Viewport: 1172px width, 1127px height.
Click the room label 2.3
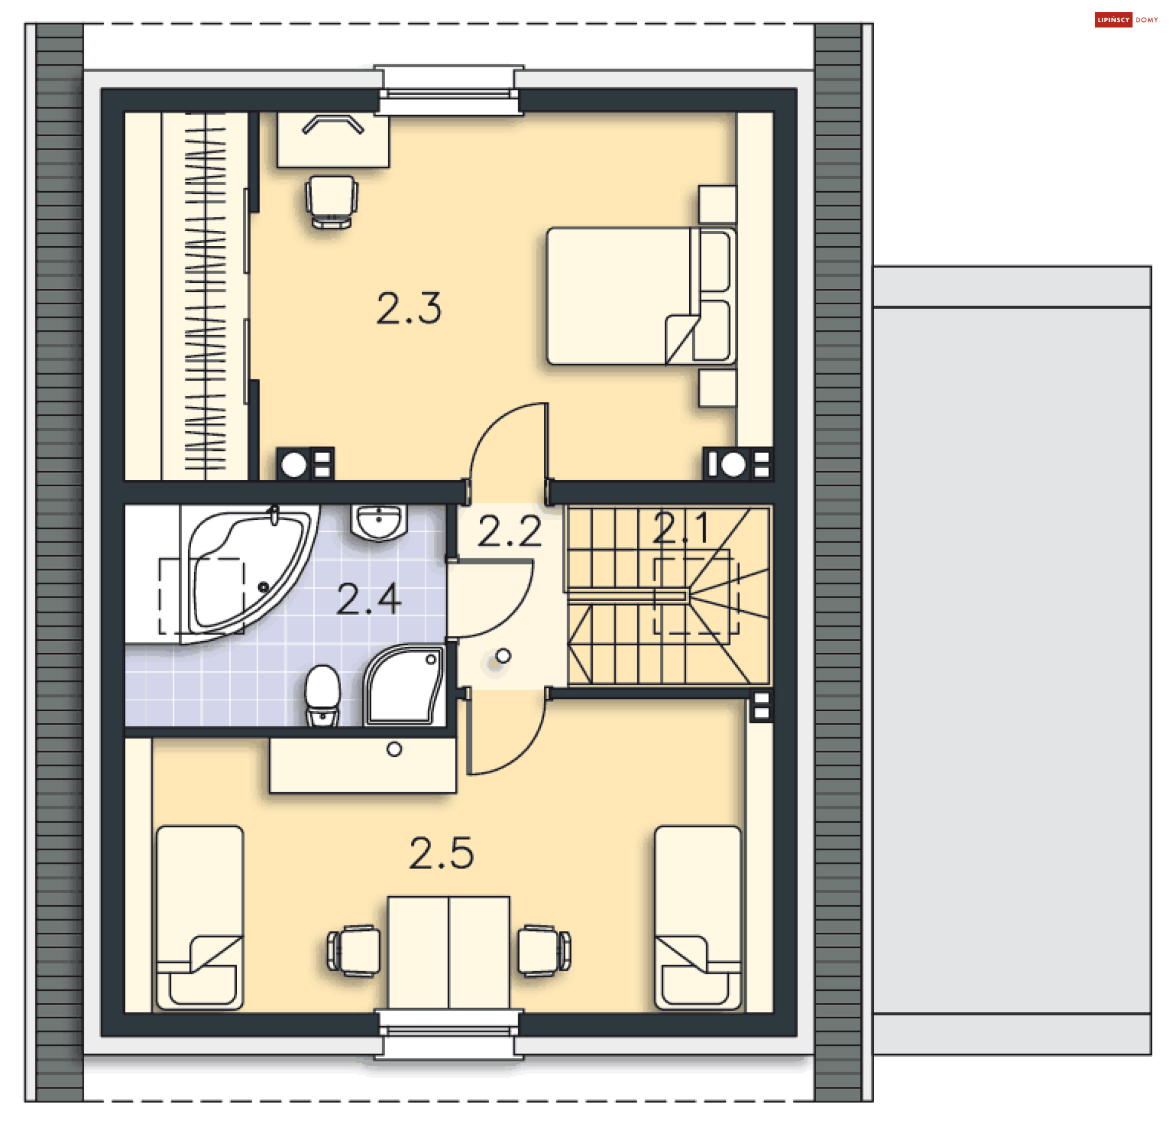[x=408, y=308]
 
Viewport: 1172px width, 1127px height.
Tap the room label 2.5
[x=441, y=853]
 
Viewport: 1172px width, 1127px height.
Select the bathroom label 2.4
[x=369, y=599]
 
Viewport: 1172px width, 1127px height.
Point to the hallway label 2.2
[x=509, y=531]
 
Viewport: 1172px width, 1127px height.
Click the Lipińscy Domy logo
[x=1126, y=20]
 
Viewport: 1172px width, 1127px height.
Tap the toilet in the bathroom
[x=322, y=696]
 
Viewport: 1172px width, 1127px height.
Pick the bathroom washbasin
[x=379, y=523]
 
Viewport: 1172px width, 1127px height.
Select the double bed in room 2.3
[x=641, y=296]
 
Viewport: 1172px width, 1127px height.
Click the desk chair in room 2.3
[x=331, y=202]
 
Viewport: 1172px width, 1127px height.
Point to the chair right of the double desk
[x=544, y=950]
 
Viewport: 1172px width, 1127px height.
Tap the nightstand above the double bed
[x=717, y=204]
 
